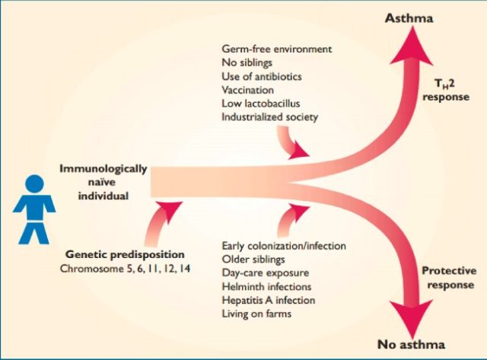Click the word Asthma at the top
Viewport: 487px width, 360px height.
click(x=409, y=18)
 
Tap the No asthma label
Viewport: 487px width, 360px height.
click(x=411, y=345)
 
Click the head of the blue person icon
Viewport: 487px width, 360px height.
click(x=34, y=183)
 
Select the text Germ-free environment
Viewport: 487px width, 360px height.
click(x=277, y=49)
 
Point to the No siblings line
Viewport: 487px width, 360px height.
click(x=247, y=62)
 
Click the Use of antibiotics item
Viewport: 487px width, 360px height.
click(x=262, y=76)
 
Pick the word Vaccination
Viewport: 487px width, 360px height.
click(x=247, y=90)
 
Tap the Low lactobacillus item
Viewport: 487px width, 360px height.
click(x=261, y=104)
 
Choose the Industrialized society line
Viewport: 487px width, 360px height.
click(x=270, y=117)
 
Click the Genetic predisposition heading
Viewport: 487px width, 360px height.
click(x=125, y=255)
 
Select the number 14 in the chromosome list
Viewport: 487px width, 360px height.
click(x=184, y=269)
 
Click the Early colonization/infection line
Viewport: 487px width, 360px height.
click(x=284, y=246)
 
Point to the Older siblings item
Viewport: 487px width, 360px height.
click(x=253, y=260)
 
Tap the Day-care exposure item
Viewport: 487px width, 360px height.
click(x=266, y=273)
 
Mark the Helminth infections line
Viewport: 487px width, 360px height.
click(x=266, y=286)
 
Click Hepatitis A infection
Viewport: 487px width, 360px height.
click(x=269, y=301)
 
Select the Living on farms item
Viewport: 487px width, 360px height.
click(x=256, y=314)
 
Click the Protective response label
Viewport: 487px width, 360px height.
click(x=449, y=278)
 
